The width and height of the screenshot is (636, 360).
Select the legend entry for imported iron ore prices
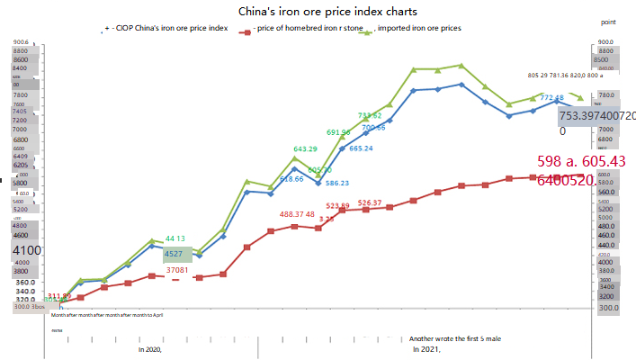(x=418, y=29)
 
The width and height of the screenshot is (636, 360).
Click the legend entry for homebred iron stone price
(x=300, y=29)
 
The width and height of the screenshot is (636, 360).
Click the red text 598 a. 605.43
(x=581, y=160)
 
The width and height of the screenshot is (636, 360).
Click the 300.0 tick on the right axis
(x=609, y=308)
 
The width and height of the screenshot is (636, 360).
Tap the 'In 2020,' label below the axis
(x=149, y=348)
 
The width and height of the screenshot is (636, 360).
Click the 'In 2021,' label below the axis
(x=426, y=348)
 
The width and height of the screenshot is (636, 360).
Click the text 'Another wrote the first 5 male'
(x=454, y=338)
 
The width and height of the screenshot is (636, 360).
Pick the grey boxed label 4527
(x=175, y=255)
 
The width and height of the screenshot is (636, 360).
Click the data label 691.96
(x=338, y=132)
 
